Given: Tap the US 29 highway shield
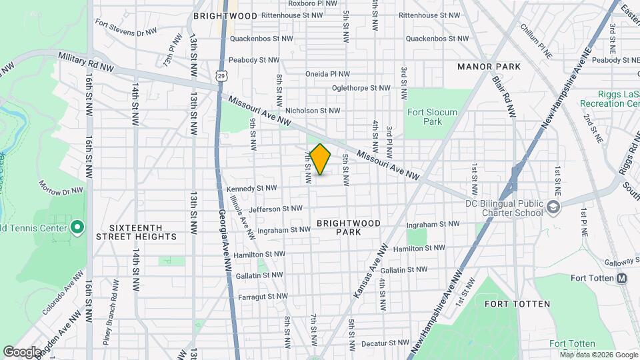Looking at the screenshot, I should click(x=221, y=78).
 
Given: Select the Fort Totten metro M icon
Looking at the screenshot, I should click(x=621, y=278).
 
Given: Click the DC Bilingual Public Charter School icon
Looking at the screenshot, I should click(x=553, y=208).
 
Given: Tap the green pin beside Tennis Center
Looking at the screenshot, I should click(x=77, y=228).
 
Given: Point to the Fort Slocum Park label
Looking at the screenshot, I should click(x=432, y=117).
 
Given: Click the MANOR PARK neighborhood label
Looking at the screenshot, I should click(x=489, y=67).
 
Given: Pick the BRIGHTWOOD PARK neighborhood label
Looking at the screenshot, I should click(x=349, y=227).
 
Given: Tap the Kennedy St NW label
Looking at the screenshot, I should click(x=250, y=189).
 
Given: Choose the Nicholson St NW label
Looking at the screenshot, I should click(x=313, y=111).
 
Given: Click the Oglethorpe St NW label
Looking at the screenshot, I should click(x=361, y=88).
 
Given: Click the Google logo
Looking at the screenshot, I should click(x=22, y=351).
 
